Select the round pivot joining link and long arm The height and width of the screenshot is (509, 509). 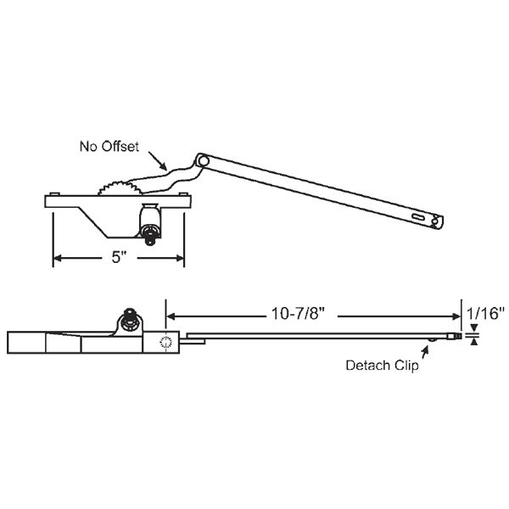202,159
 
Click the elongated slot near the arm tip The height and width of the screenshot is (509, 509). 419,218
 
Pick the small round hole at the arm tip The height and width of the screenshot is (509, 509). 437,222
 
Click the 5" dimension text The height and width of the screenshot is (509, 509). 119,259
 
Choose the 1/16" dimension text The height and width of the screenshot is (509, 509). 487,313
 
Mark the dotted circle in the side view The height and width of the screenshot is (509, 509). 166,343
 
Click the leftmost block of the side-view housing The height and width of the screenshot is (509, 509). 25,343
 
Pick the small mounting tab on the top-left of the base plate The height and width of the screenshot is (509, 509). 53,194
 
